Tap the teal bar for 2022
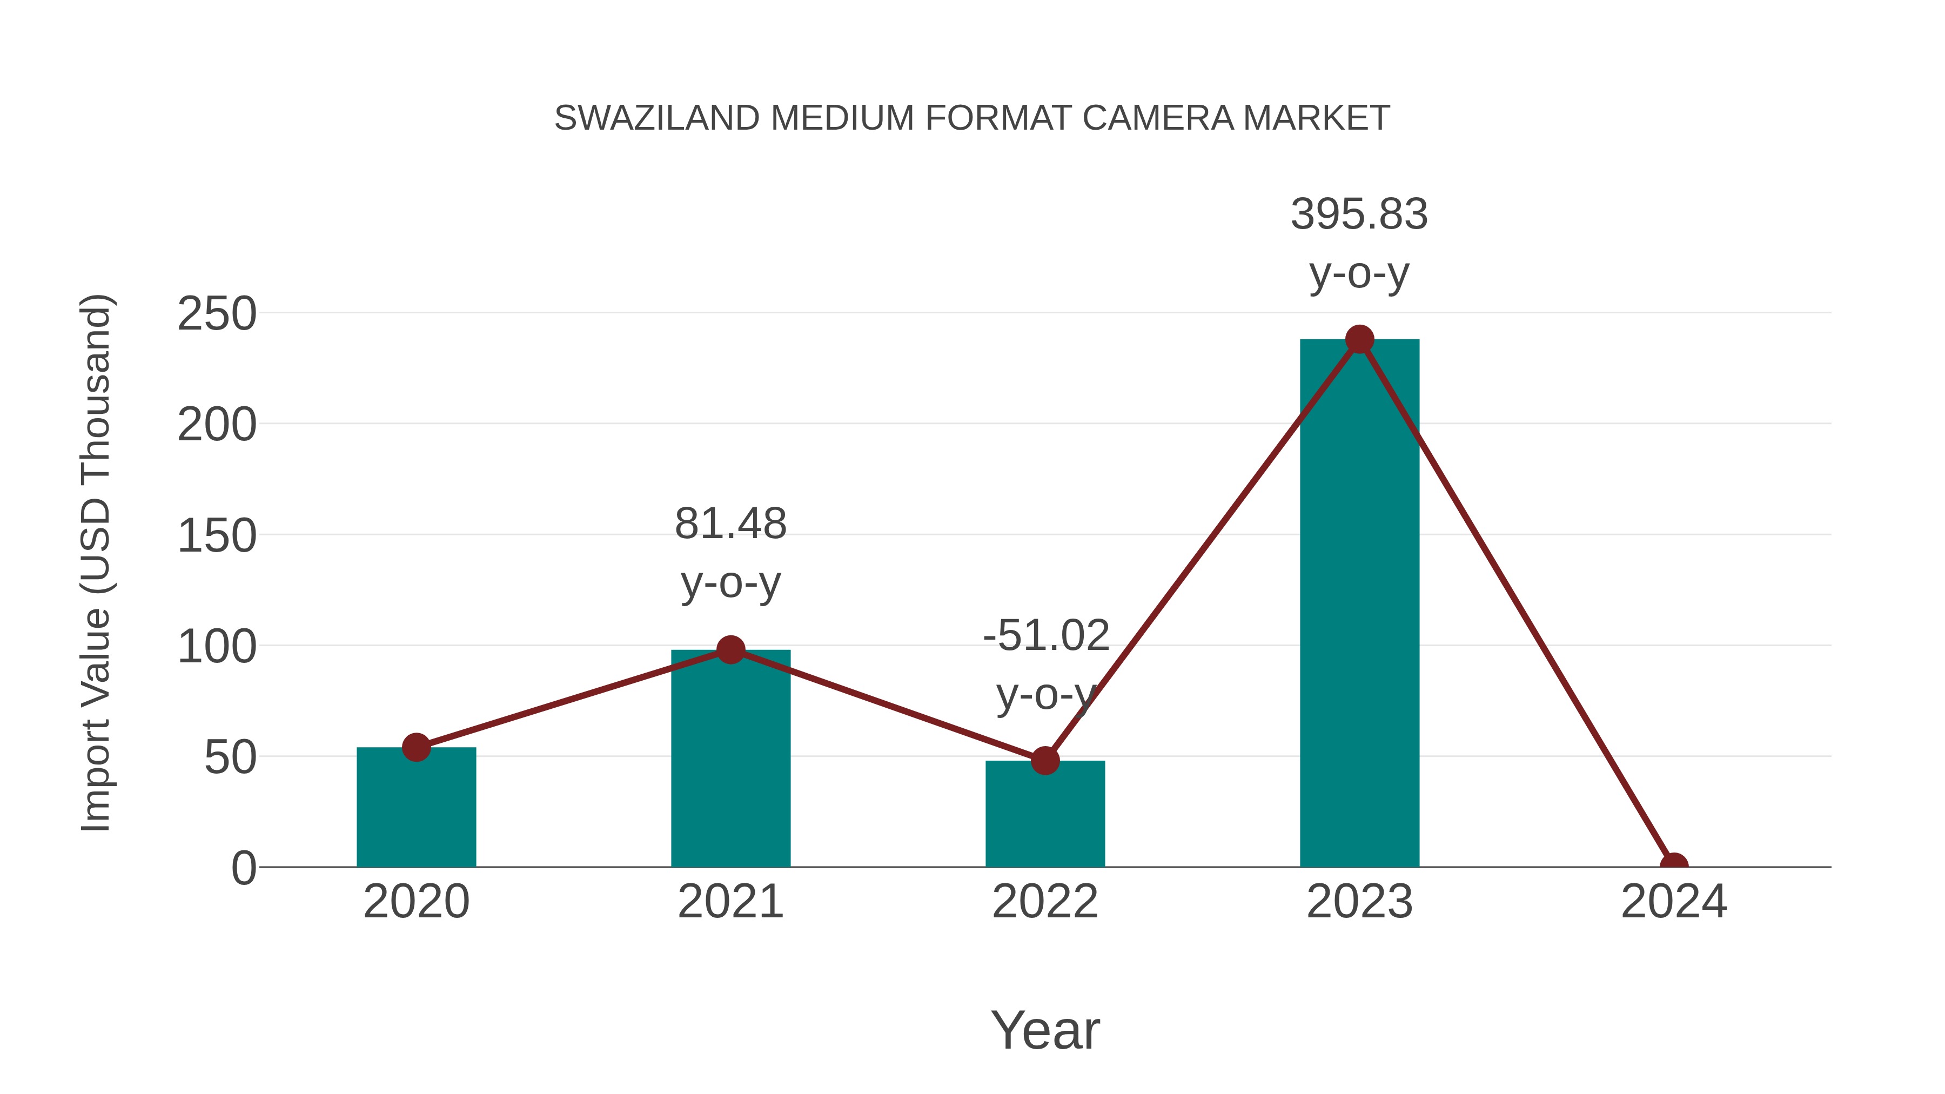(1044, 815)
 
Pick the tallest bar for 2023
(1359, 604)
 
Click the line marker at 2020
(416, 748)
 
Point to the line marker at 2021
(730, 649)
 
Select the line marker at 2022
(1044, 760)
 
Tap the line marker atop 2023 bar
(1359, 340)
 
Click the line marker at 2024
(1674, 865)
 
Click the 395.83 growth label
(1359, 214)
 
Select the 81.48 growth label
(730, 524)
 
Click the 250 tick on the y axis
(217, 314)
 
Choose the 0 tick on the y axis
(243, 868)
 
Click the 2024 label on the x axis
(1674, 902)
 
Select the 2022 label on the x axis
(1044, 902)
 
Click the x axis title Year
(1045, 1031)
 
